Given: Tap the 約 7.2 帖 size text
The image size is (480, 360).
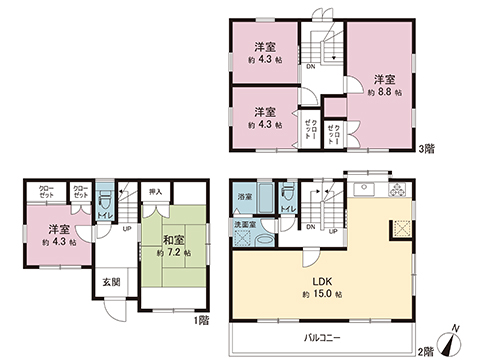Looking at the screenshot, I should click(173, 255).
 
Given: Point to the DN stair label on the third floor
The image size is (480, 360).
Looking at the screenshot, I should click(311, 68).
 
